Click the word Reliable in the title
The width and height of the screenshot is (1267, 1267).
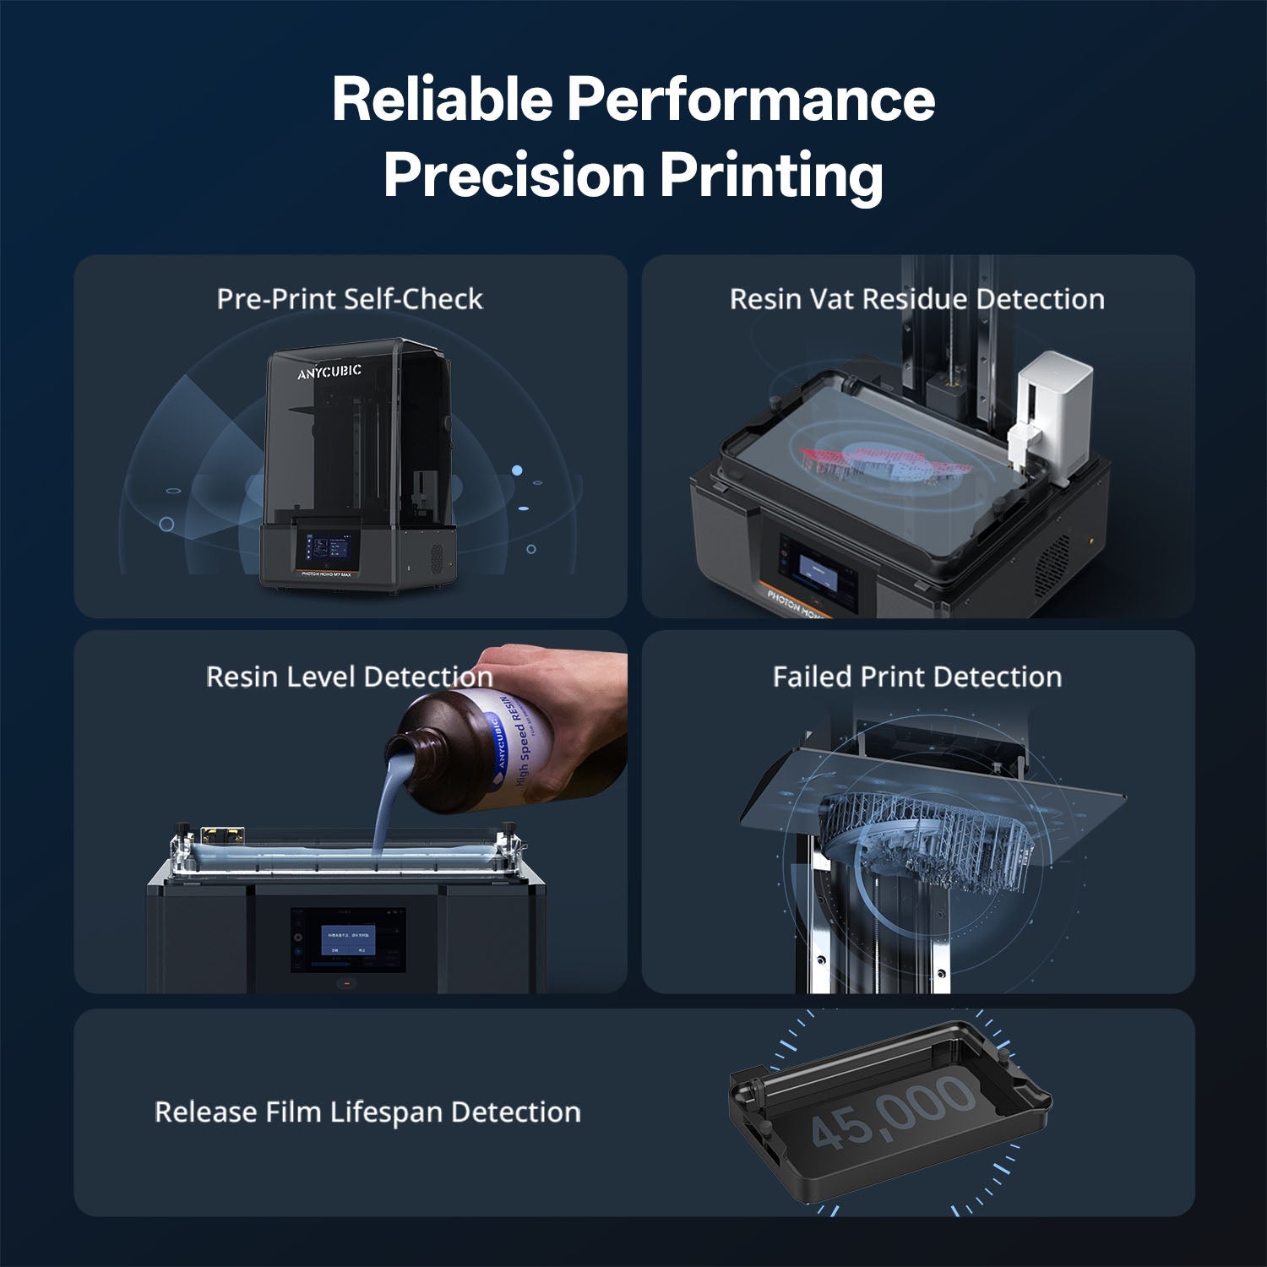click(441, 100)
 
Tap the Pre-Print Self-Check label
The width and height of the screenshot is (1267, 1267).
click(350, 299)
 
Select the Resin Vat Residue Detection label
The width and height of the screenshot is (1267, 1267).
click(916, 299)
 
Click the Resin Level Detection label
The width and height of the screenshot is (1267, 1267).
click(350, 677)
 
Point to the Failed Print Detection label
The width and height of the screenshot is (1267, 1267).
click(916, 677)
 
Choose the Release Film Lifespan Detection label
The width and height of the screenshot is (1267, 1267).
click(367, 1112)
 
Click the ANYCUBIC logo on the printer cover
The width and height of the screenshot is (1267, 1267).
click(329, 372)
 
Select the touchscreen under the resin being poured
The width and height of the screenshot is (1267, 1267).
click(348, 939)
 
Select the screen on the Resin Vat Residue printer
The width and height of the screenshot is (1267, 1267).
click(824, 574)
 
